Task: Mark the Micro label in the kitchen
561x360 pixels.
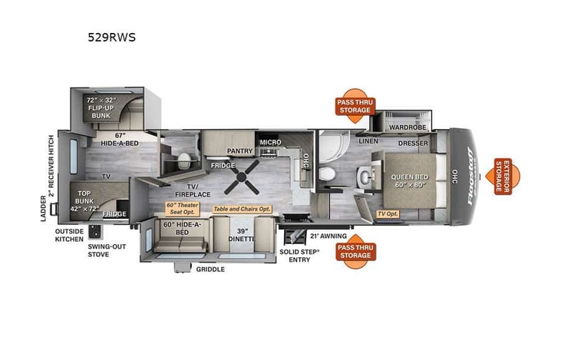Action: click(270, 142)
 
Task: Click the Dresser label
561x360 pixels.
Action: click(412, 144)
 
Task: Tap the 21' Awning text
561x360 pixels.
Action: click(328, 236)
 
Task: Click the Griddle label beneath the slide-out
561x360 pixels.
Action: click(210, 269)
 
